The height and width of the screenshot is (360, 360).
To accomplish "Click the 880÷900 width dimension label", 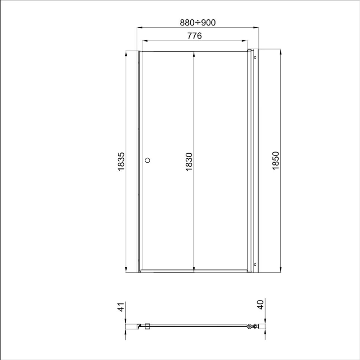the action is pos(198,22).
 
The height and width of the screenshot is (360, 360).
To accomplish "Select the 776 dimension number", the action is pos(194,36).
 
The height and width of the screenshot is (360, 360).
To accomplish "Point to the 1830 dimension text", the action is pos(189,161).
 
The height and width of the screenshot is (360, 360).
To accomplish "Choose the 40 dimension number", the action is pos(260,305).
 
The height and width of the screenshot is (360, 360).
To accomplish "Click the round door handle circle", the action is pos(148,160).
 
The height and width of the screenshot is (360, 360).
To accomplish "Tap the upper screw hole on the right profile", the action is pos(255,57).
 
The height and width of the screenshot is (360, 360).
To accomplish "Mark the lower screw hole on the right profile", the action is pos(255,265).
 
